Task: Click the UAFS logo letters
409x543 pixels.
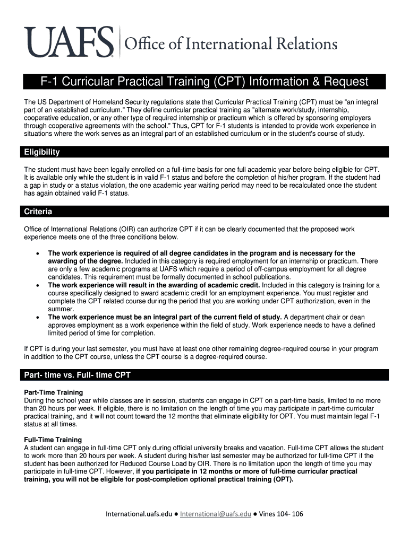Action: tap(69, 42)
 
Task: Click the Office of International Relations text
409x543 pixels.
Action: tap(230, 43)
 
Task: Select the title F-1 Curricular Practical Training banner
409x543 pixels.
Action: tap(205, 82)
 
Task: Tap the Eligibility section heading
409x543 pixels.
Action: tap(42, 152)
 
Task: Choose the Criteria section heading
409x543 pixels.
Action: tap(38, 212)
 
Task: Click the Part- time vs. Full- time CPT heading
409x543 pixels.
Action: tap(78, 375)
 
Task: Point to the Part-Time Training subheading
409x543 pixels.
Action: tap(54, 392)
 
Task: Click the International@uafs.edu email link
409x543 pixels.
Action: tap(216, 514)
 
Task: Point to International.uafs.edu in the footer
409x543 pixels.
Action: tap(140, 514)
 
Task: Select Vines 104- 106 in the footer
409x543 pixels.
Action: tap(282, 514)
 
